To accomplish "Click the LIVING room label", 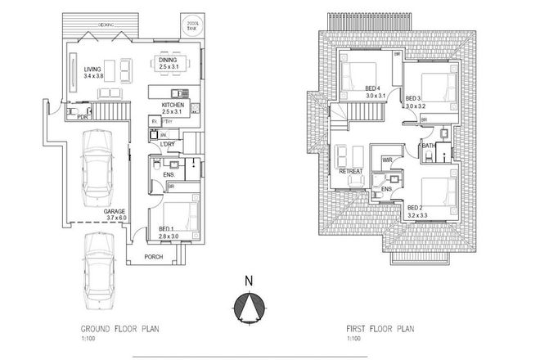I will (93, 70).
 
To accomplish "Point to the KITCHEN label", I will (173, 106).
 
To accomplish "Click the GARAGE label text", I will (113, 211).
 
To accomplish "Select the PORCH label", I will (154, 257).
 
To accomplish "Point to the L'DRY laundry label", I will (169, 146).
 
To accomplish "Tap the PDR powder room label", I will (82, 117).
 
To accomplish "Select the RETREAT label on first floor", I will (350, 171).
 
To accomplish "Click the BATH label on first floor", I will (428, 146).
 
